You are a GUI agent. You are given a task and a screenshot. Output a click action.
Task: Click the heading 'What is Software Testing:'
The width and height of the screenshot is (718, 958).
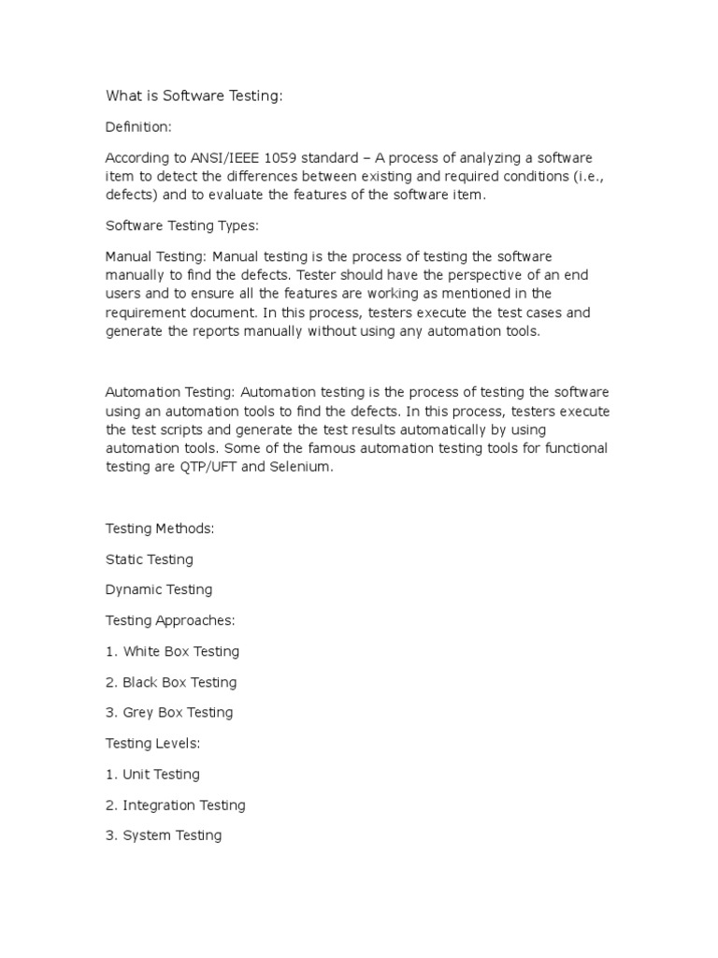pos(194,96)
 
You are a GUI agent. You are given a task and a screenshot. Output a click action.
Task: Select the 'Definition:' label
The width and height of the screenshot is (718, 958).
pos(139,126)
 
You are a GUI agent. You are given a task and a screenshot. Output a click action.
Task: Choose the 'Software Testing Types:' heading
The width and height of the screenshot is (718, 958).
pos(180,225)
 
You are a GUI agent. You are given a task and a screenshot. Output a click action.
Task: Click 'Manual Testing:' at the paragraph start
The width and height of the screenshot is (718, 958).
pos(156,256)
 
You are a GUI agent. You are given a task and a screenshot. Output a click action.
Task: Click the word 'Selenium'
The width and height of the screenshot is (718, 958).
pos(301,468)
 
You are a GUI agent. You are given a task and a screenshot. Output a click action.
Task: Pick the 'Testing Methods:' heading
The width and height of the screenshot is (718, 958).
pos(160,529)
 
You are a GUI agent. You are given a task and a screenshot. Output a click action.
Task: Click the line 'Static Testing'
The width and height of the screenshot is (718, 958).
pos(150,559)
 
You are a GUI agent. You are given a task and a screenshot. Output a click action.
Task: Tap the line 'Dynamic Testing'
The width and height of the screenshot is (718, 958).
pos(159,590)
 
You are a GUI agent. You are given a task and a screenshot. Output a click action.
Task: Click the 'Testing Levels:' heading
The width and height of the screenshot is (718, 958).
pos(153,744)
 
